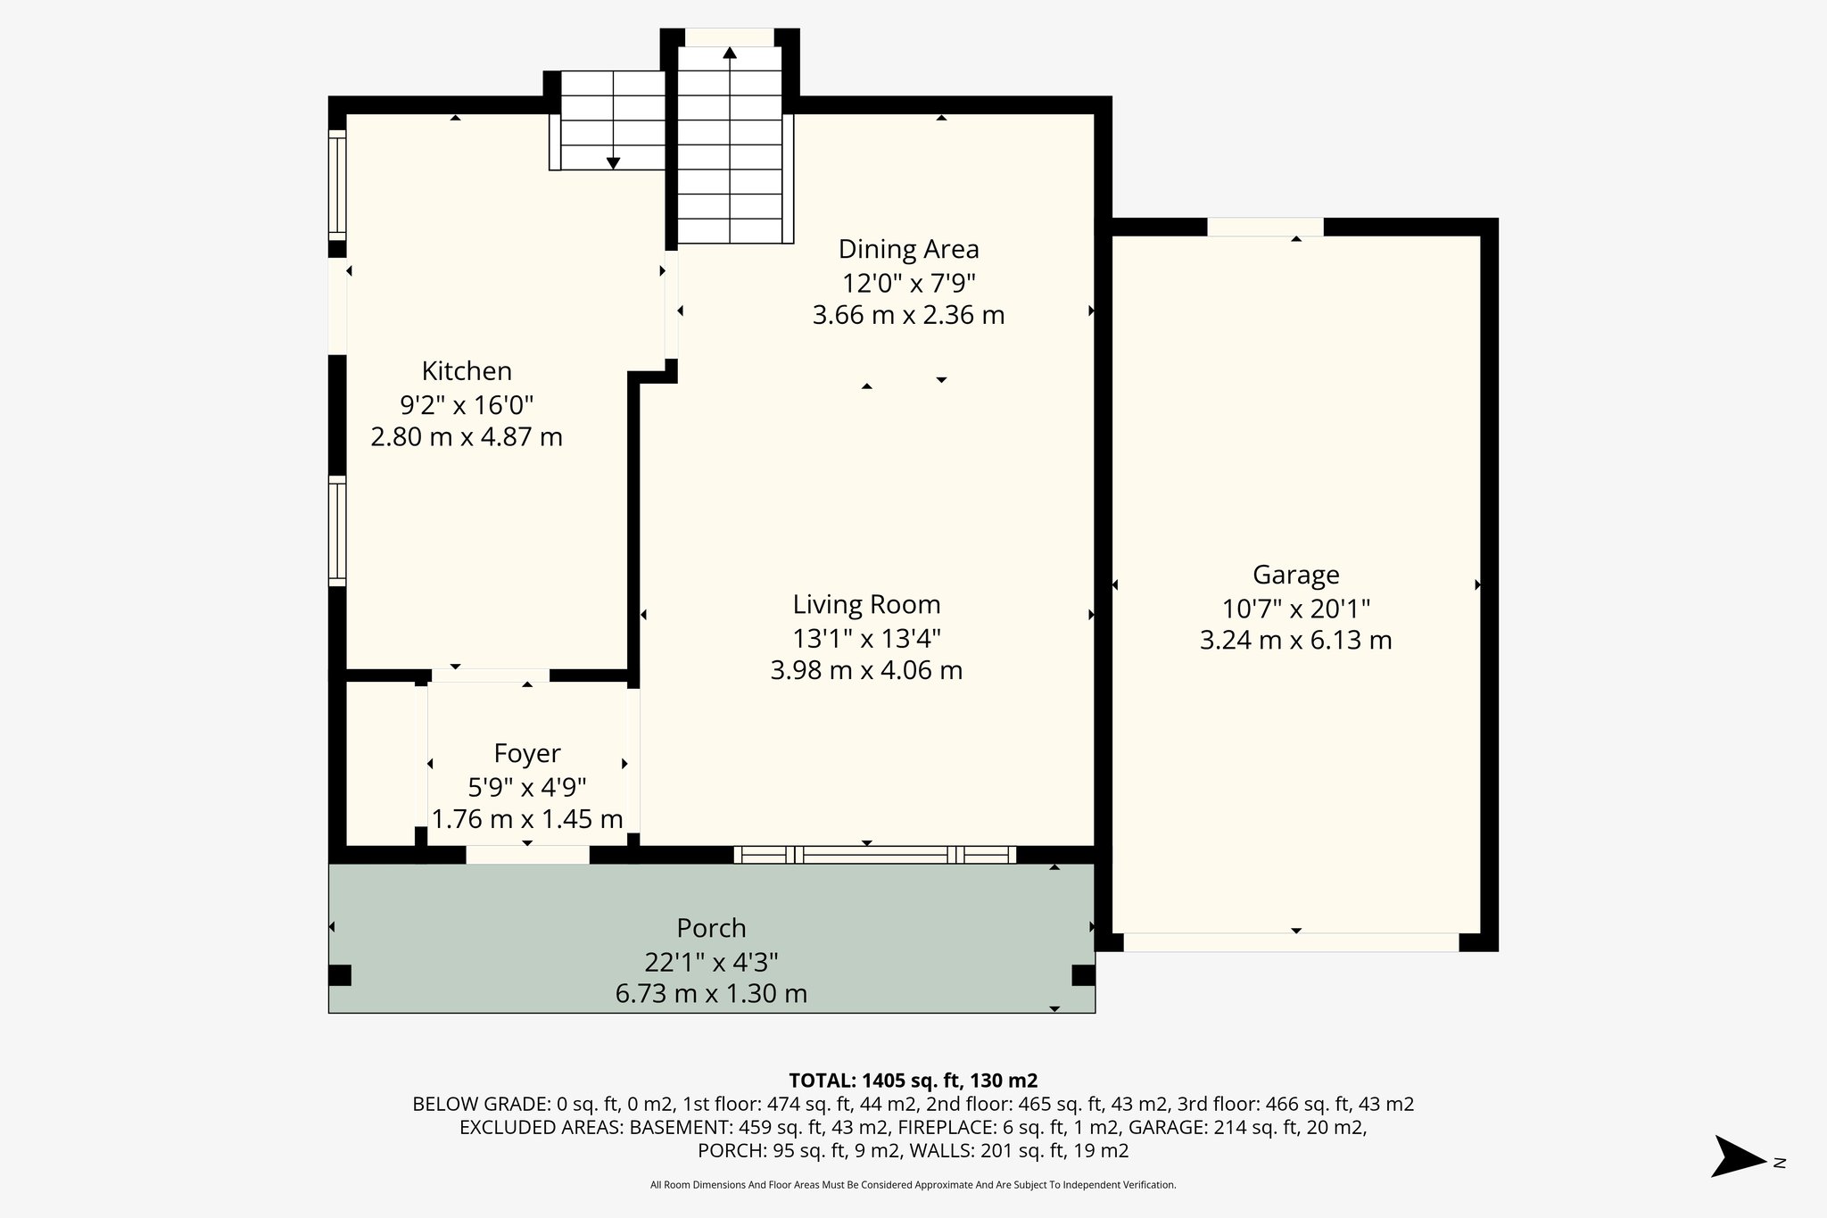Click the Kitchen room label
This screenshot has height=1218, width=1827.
(x=466, y=370)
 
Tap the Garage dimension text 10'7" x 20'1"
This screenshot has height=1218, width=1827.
(x=1295, y=609)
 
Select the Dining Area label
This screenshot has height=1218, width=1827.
(x=908, y=248)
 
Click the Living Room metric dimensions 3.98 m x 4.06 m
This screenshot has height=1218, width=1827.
(x=866, y=670)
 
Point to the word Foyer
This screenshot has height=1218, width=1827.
(x=527, y=753)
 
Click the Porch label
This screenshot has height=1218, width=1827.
(x=711, y=928)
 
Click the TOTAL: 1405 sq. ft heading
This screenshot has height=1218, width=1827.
(x=913, y=1080)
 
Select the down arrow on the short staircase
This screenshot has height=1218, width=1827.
(x=613, y=162)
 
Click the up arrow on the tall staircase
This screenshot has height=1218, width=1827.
(x=730, y=54)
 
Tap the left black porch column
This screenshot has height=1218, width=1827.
(x=340, y=974)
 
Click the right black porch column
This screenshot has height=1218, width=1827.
(x=1083, y=974)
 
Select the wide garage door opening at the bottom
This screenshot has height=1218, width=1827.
(x=1291, y=942)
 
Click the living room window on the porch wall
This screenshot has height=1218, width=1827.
(x=874, y=855)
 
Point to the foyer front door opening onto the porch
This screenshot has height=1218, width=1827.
(x=527, y=855)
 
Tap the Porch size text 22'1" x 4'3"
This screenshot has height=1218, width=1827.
(x=711, y=962)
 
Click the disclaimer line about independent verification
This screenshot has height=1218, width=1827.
(x=913, y=1185)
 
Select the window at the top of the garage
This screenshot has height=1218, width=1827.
(x=1265, y=227)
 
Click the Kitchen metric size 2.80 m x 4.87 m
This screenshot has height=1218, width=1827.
(x=466, y=437)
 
